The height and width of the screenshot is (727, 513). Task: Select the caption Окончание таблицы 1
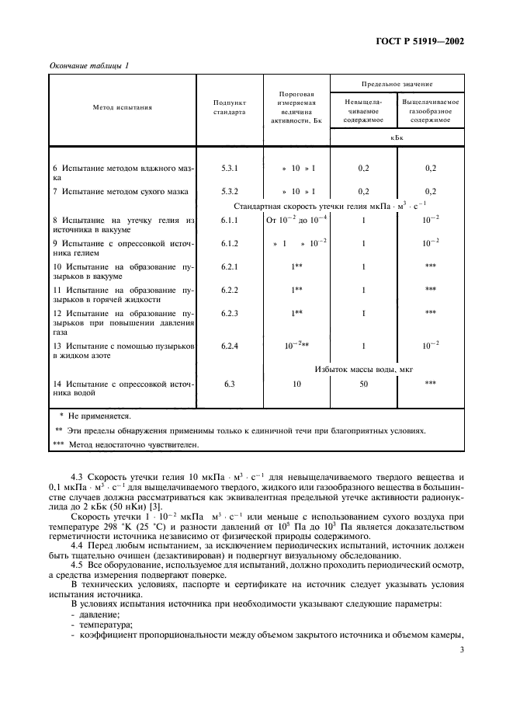(90, 65)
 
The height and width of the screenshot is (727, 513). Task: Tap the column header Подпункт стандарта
(229, 107)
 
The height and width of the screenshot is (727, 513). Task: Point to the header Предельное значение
(397, 83)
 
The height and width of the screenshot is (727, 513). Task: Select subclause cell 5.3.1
(230, 168)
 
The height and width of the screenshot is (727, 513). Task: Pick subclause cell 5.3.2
(230, 191)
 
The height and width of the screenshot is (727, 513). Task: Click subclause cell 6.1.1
(230, 221)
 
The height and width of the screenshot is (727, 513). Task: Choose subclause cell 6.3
(230, 384)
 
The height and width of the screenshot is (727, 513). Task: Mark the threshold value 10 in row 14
(296, 384)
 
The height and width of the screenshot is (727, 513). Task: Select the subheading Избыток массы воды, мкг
(363, 369)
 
